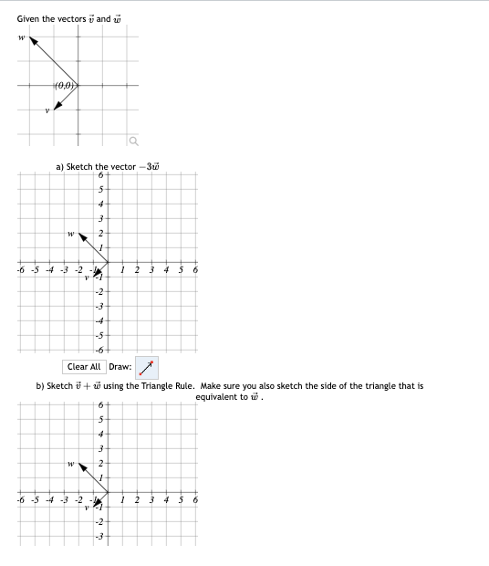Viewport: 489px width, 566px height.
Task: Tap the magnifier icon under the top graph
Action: [133, 140]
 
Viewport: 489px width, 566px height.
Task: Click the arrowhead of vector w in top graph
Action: [33, 41]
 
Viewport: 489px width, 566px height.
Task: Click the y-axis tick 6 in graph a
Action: [100, 175]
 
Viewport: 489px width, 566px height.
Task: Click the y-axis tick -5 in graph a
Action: [100, 336]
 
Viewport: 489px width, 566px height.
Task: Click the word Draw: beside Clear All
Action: [120, 367]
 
